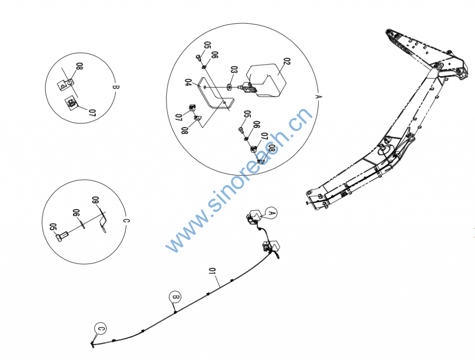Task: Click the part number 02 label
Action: [287, 62]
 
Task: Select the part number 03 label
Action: [234, 71]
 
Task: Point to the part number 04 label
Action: [188, 83]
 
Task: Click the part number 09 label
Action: [96, 200]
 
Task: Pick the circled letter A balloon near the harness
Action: [271, 213]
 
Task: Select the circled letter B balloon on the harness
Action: [175, 297]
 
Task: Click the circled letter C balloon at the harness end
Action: [101, 328]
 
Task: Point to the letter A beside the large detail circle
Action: [318, 96]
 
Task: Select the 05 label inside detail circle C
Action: [53, 227]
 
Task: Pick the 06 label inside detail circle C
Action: [76, 213]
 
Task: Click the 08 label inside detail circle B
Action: [79, 67]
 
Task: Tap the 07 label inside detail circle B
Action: [92, 113]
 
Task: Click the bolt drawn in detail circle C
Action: [62, 236]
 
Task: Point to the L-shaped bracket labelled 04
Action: [216, 94]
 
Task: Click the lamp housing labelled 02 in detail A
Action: [267, 80]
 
